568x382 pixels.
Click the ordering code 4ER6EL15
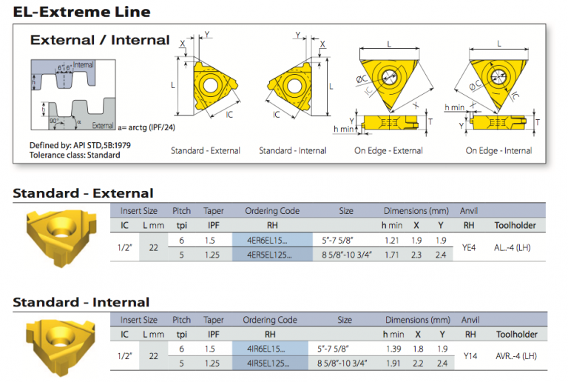263,241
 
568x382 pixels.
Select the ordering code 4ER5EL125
267,255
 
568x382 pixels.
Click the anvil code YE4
468,247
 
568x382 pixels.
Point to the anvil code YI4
469,356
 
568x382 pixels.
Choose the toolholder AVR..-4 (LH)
516,356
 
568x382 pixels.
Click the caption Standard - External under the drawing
205,150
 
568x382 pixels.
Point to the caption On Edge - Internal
498,150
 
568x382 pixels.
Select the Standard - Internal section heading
81,302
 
